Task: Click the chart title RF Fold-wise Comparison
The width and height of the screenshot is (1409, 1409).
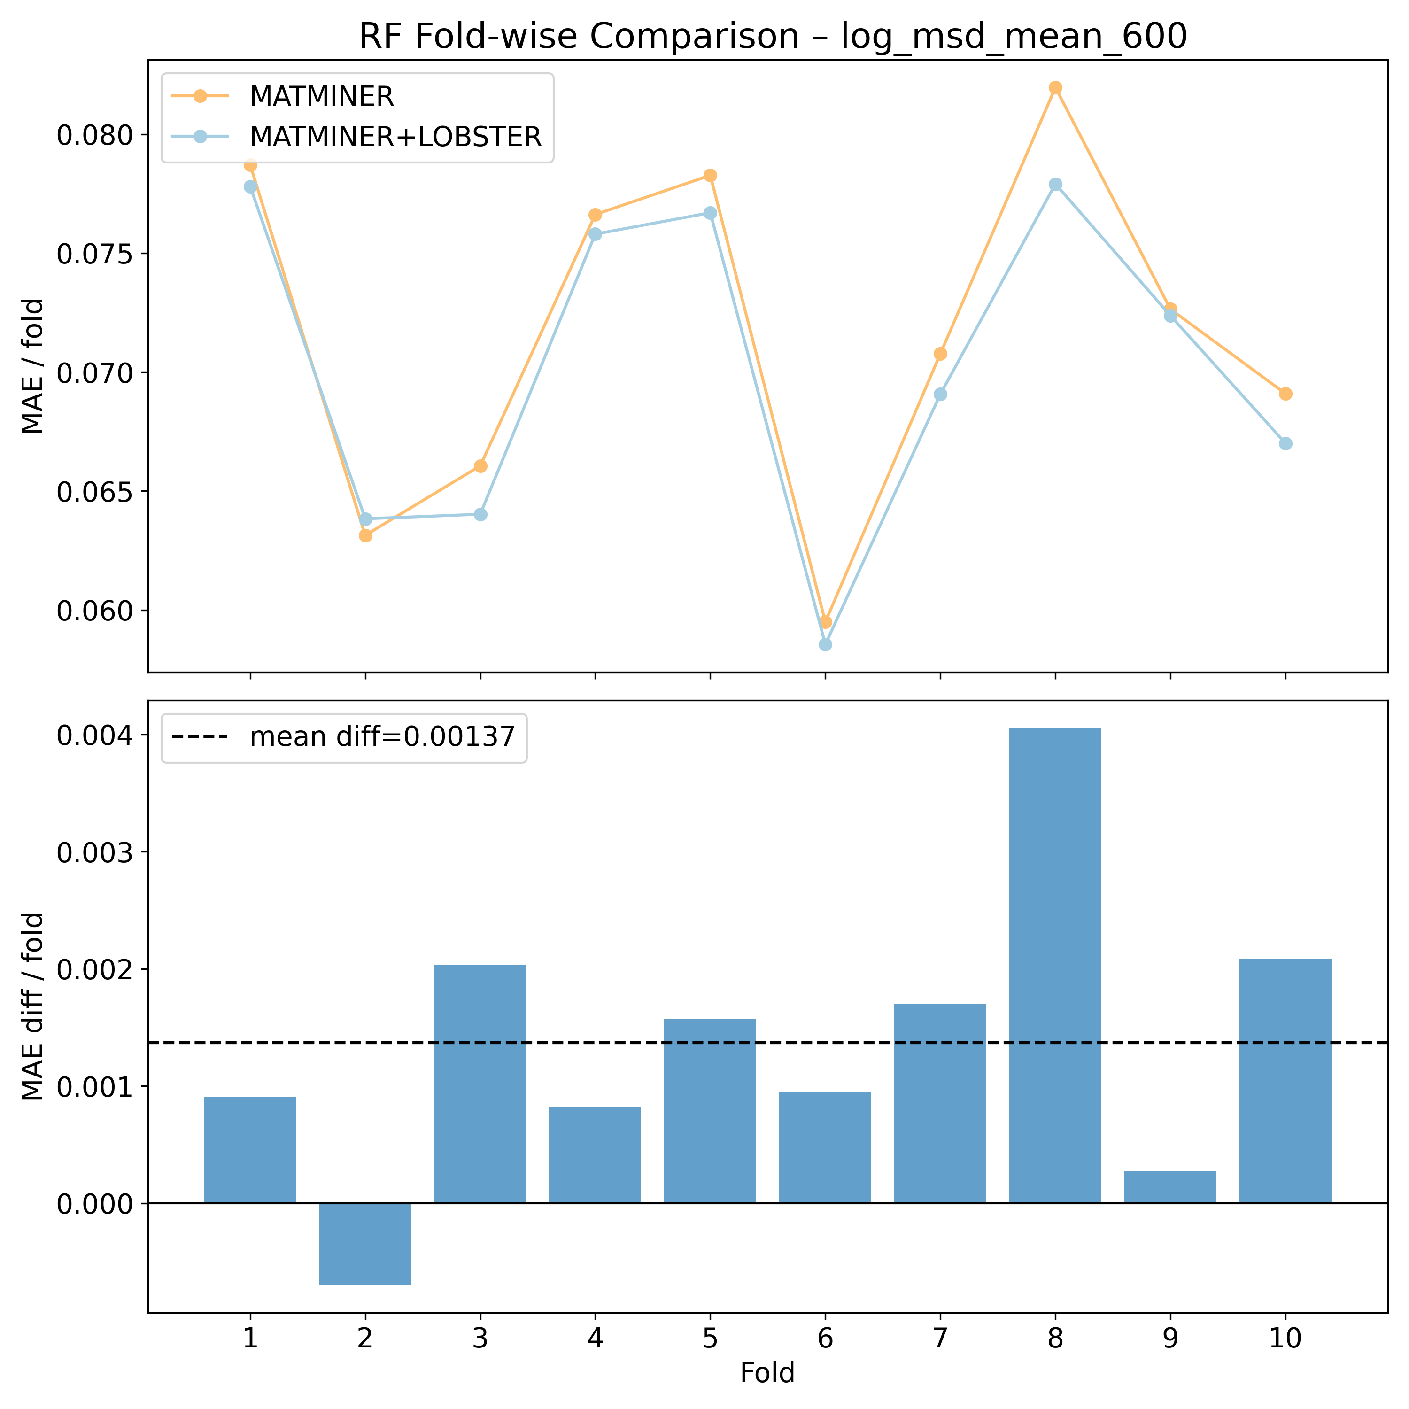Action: click(773, 37)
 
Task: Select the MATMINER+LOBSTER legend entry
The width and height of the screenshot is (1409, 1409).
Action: click(395, 136)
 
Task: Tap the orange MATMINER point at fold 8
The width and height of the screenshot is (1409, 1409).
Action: click(1055, 87)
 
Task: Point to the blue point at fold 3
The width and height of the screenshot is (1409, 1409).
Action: click(480, 514)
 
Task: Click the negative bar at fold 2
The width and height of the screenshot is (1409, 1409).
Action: click(365, 1244)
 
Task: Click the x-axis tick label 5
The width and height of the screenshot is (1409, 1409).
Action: click(710, 1338)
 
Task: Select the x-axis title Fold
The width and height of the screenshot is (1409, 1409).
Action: click(767, 1373)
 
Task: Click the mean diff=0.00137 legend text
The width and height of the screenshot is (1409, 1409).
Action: click(382, 737)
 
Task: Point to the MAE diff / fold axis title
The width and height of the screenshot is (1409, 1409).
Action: click(33, 1006)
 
